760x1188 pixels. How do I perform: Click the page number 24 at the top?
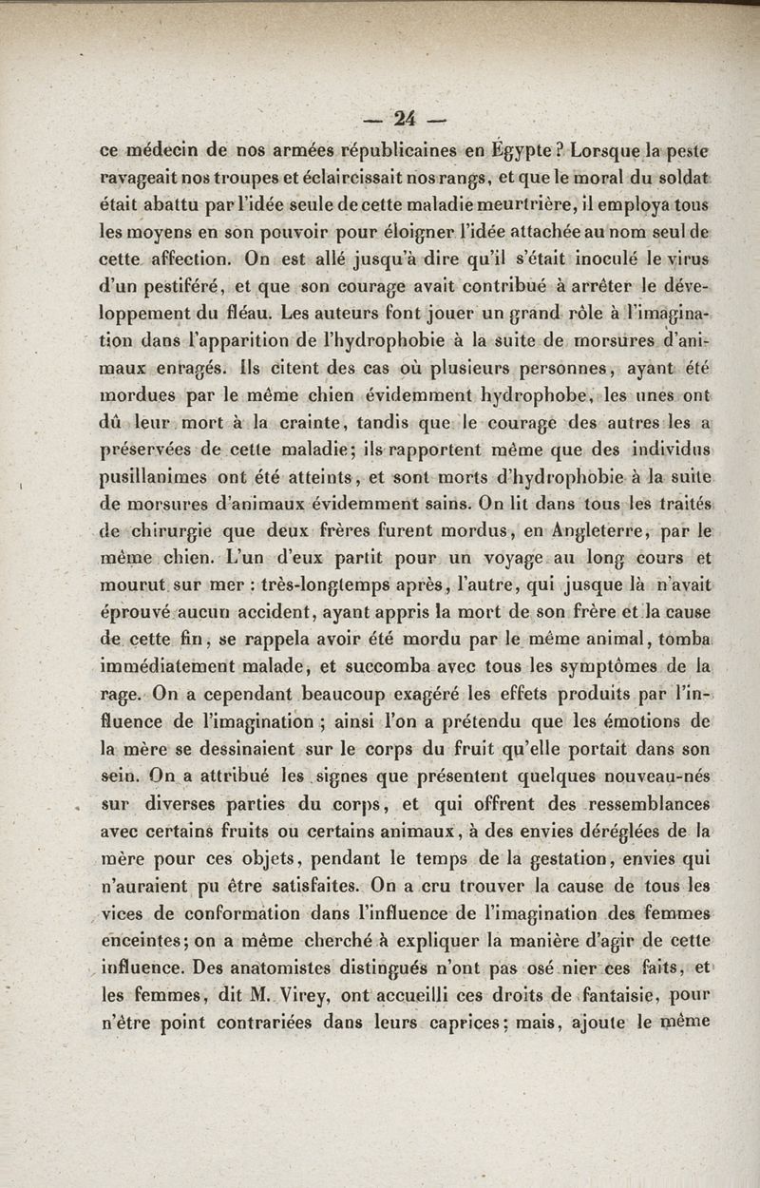coord(406,119)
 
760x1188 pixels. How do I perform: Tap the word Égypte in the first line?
coord(523,149)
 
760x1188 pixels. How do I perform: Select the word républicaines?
coord(397,149)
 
